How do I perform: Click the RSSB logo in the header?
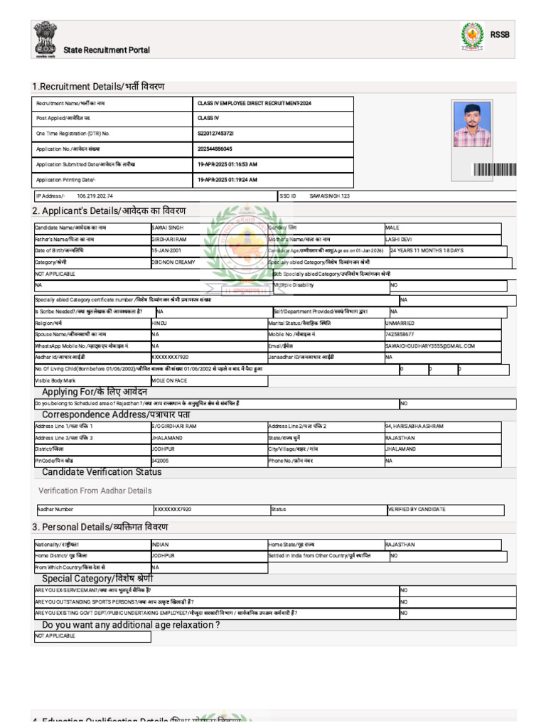point(471,36)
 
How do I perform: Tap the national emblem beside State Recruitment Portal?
point(45,40)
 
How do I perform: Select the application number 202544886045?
point(215,149)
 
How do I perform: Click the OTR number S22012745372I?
point(215,134)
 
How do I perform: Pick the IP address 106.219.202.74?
point(95,196)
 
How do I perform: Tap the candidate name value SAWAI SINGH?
point(168,227)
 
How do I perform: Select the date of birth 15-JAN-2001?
point(166,251)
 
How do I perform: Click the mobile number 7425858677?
point(400,333)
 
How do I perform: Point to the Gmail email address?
point(429,346)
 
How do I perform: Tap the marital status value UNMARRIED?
point(402,323)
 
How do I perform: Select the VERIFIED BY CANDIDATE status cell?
point(417,510)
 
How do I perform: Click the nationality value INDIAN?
point(161,545)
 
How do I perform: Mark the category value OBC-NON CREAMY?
point(174,262)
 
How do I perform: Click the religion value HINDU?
point(159,323)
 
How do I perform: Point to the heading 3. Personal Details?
point(100,527)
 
